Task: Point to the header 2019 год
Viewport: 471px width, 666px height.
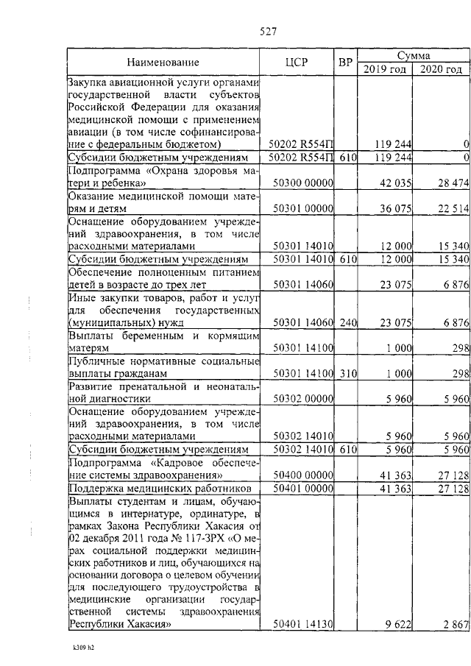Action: click(384, 69)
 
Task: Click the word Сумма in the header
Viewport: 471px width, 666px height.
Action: click(414, 55)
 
